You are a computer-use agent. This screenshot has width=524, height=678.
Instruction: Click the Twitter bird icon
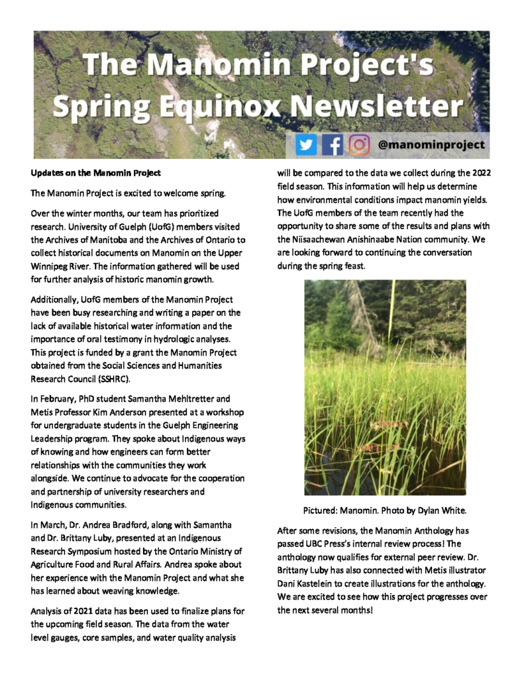click(x=306, y=144)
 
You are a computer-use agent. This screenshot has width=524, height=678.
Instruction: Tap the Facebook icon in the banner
click(x=333, y=144)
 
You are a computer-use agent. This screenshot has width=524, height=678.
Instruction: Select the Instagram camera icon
click(x=359, y=144)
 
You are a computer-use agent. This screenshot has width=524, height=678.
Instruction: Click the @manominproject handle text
click(x=431, y=144)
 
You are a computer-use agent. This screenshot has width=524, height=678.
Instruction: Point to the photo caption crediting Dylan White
click(x=385, y=510)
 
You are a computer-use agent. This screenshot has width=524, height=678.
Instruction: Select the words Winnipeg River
click(x=60, y=268)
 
